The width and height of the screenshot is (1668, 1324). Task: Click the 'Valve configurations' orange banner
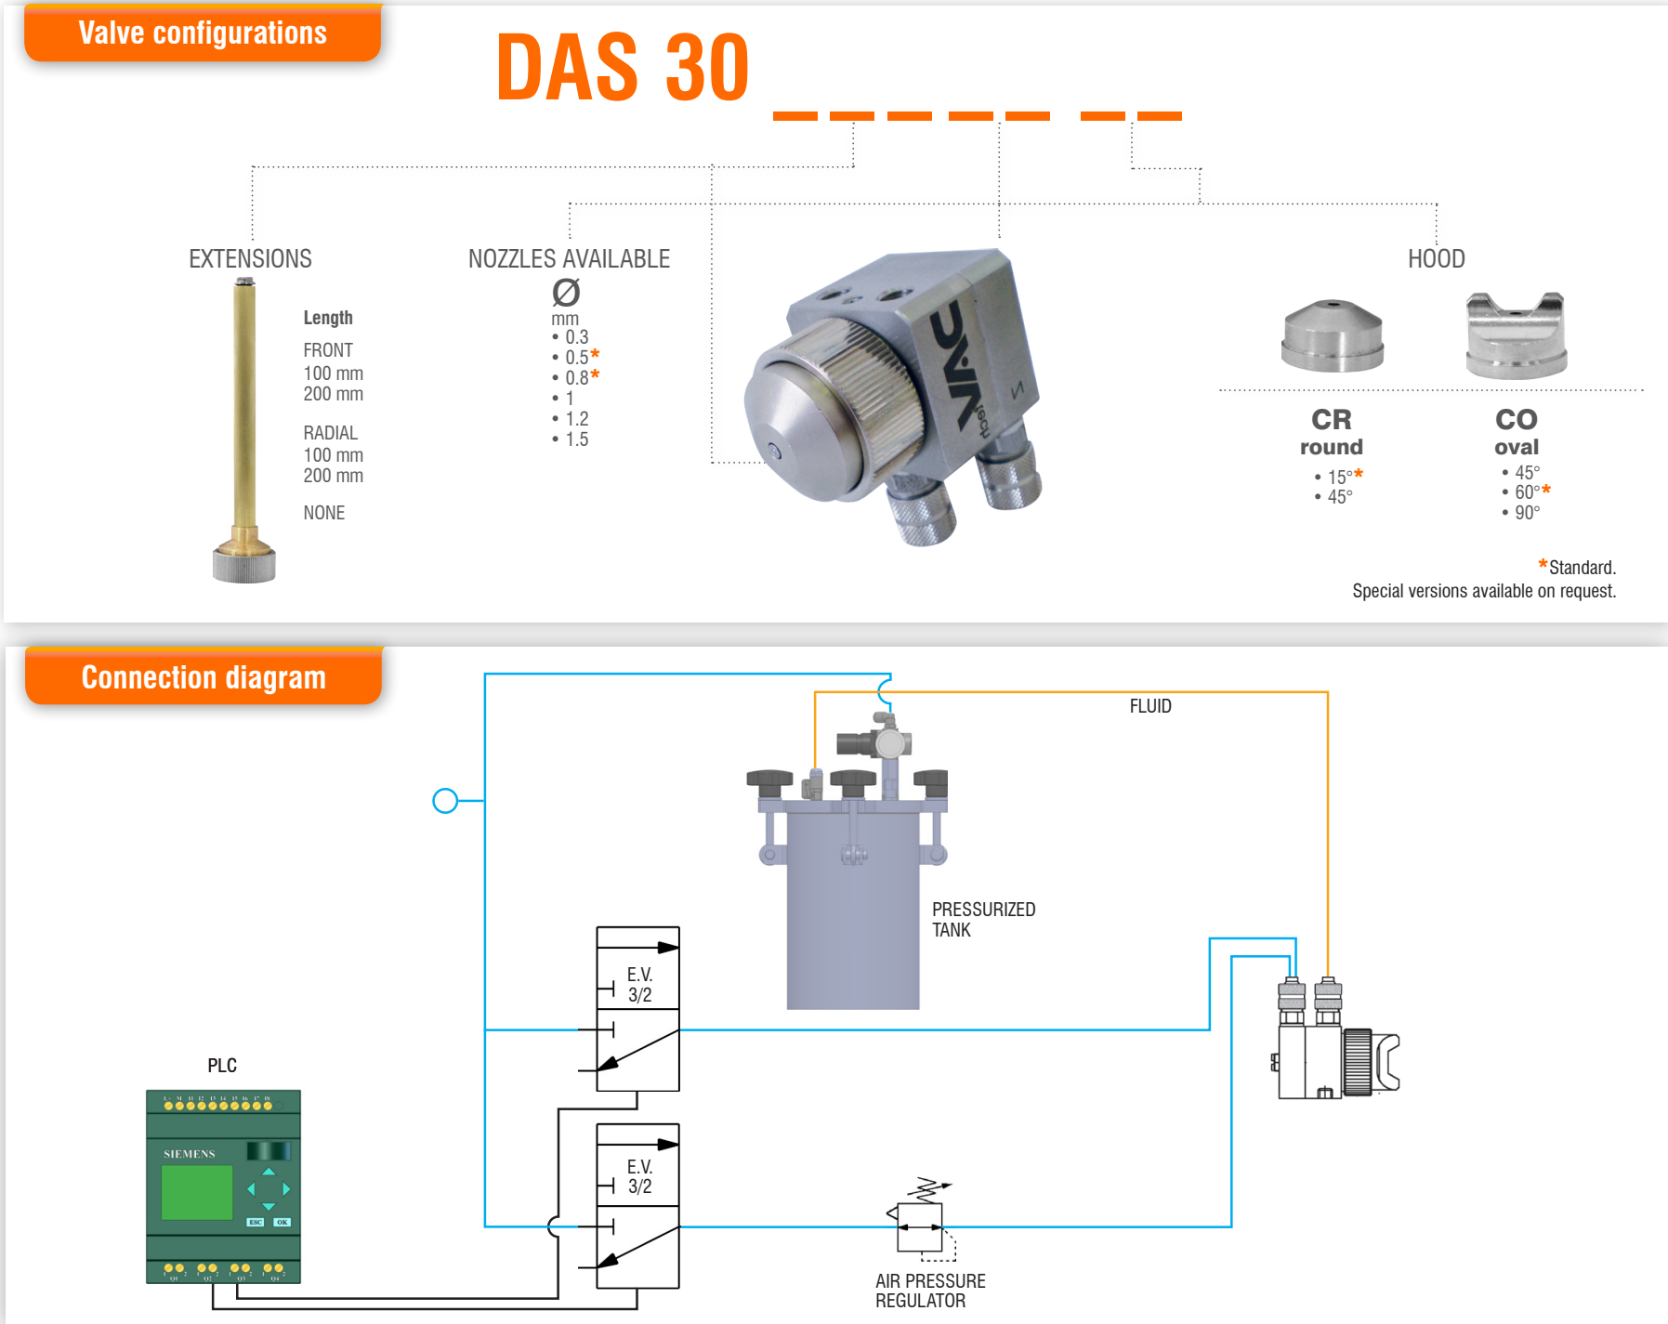pos(203,33)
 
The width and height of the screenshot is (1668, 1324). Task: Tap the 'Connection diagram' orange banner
pos(204,677)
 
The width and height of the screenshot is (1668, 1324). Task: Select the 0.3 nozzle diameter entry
pos(575,337)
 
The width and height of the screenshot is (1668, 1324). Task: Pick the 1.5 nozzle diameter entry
pos(575,439)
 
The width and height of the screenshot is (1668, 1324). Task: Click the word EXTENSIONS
pos(250,258)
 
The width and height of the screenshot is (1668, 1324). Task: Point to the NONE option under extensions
pos(323,513)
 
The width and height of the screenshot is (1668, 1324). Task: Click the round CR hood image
pos(1332,336)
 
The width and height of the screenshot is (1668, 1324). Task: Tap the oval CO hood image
pos(1516,336)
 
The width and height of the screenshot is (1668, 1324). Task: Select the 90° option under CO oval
pos(1526,513)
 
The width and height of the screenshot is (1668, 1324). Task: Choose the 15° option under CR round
pos(1339,477)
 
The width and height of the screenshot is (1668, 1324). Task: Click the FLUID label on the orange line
pos(1150,706)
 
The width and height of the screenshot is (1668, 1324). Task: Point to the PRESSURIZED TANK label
pos(983,919)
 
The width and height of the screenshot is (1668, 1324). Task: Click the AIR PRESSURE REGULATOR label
pos(929,1291)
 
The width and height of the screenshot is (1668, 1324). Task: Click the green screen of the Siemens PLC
pos(197,1192)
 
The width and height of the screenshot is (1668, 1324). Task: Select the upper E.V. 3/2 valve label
pos(639,984)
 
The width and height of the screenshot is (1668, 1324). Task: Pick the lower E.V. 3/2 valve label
pos(639,1176)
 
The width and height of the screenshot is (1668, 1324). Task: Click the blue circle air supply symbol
pos(445,801)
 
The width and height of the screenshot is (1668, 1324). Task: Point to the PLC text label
pos(222,1066)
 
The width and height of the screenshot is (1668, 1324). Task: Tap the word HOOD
pos(1436,258)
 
